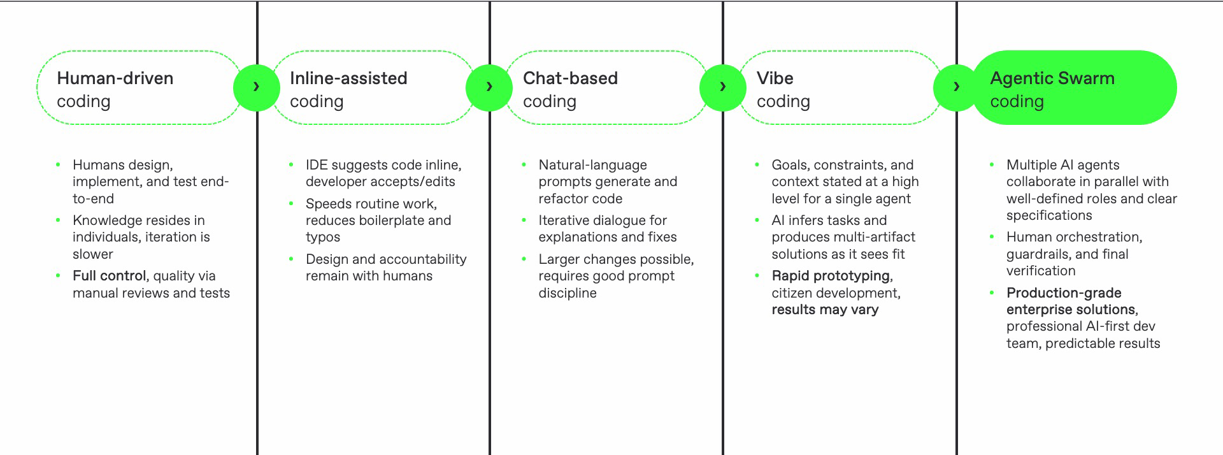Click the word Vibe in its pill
(x=775, y=79)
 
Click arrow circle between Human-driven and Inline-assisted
(x=256, y=87)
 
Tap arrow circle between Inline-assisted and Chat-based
(x=489, y=87)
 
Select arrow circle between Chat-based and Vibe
(x=722, y=87)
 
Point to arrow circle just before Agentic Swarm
(x=955, y=87)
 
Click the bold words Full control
(x=109, y=276)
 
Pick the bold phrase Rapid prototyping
(x=831, y=276)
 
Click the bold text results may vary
(x=824, y=310)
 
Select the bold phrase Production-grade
(x=1063, y=293)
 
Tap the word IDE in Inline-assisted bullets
(x=316, y=165)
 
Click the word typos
(x=322, y=238)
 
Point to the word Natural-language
(x=592, y=165)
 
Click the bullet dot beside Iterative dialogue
(x=524, y=220)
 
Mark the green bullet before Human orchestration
(x=992, y=237)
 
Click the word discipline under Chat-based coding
(x=567, y=293)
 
